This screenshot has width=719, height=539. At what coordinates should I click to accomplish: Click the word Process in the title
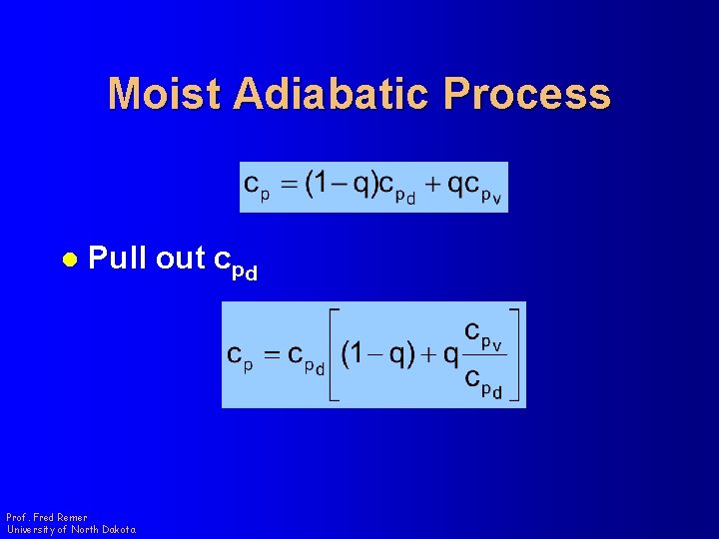pyautogui.click(x=527, y=94)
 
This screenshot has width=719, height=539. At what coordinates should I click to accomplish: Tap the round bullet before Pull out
pyautogui.click(x=69, y=260)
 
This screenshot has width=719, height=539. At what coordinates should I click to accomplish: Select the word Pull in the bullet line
pyautogui.click(x=119, y=258)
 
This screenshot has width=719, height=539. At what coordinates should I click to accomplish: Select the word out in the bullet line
pyautogui.click(x=181, y=258)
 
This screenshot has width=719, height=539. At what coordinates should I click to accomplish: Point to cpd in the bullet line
pyautogui.click(x=236, y=262)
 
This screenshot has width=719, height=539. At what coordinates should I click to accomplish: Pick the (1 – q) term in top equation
pyautogui.click(x=340, y=186)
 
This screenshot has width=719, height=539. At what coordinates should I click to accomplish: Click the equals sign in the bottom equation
pyautogui.click(x=271, y=355)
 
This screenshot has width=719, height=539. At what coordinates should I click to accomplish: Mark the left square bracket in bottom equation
pyautogui.click(x=333, y=354)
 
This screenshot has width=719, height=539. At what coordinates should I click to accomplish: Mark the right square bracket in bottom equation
pyautogui.click(x=514, y=354)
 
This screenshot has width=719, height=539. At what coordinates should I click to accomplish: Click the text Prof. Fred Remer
pyautogui.click(x=47, y=517)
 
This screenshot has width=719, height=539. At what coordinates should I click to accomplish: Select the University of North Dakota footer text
pyautogui.click(x=71, y=529)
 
